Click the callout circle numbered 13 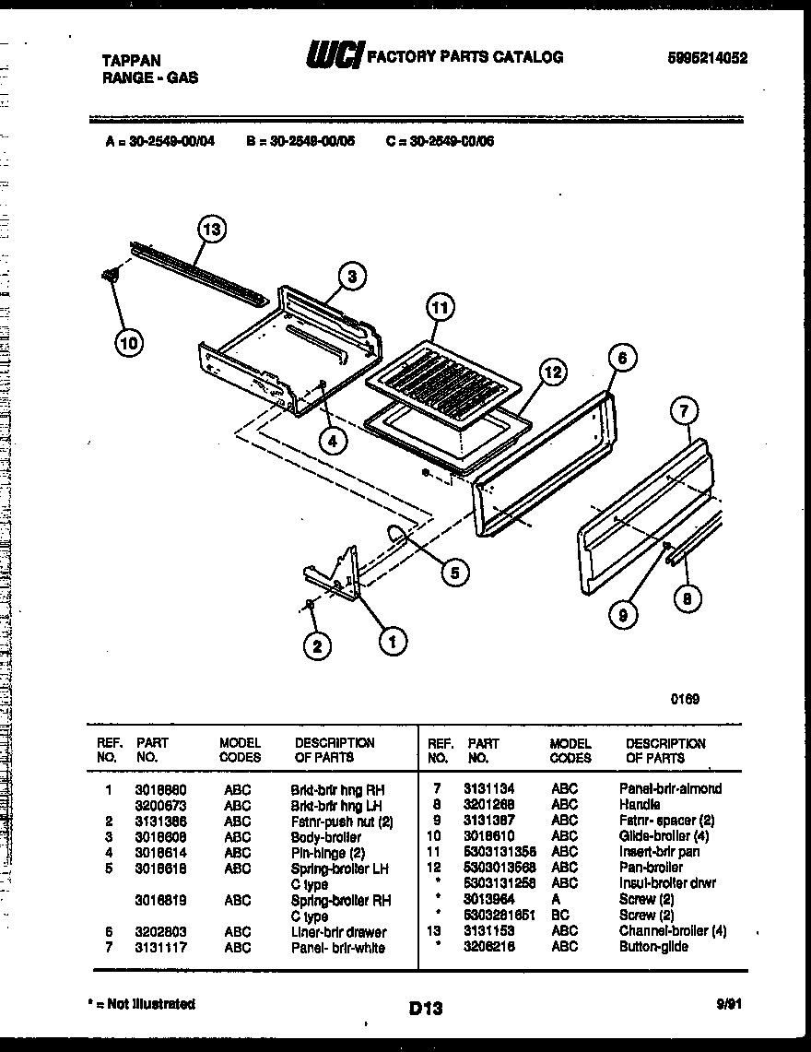tap(212, 229)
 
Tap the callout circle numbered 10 tap(129, 344)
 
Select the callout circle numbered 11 tap(441, 308)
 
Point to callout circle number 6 tap(623, 358)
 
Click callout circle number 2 tap(317, 646)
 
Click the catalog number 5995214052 tap(707, 57)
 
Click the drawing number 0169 tap(685, 699)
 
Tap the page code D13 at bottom tap(425, 1009)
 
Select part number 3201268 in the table tap(492, 804)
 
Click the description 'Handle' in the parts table tap(641, 804)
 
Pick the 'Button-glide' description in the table tap(653, 947)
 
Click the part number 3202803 tap(159, 932)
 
